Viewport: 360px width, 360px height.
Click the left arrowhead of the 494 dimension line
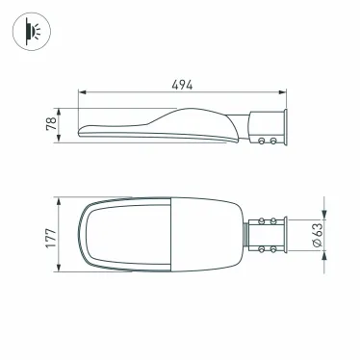pyautogui.click(x=81, y=93)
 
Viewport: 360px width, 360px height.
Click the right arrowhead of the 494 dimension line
pyautogui.click(x=283, y=93)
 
